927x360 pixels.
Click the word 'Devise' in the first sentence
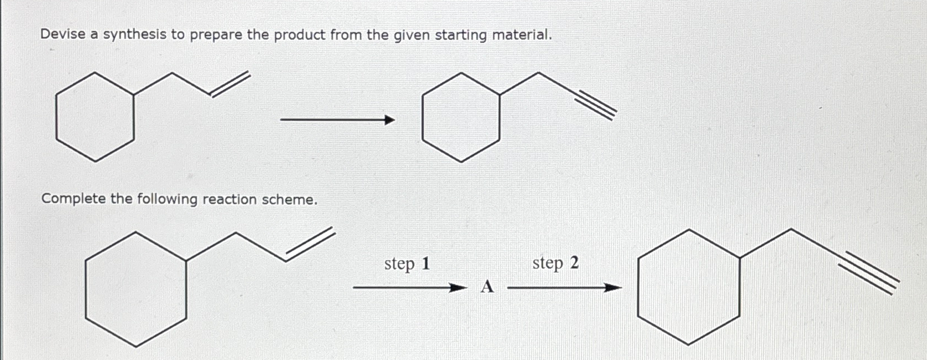point(62,34)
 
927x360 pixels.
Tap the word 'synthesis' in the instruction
point(135,35)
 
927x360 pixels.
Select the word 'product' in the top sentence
point(299,35)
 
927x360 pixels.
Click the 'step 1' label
point(407,263)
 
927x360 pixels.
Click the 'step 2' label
point(555,263)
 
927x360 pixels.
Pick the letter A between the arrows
point(487,287)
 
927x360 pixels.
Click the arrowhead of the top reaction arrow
point(390,120)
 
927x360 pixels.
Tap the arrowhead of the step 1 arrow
point(457,288)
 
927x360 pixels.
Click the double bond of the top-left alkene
point(230,85)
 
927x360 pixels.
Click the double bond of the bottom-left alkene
point(311,245)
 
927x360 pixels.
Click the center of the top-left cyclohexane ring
point(95,117)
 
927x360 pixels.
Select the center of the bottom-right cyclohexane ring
point(688,287)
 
